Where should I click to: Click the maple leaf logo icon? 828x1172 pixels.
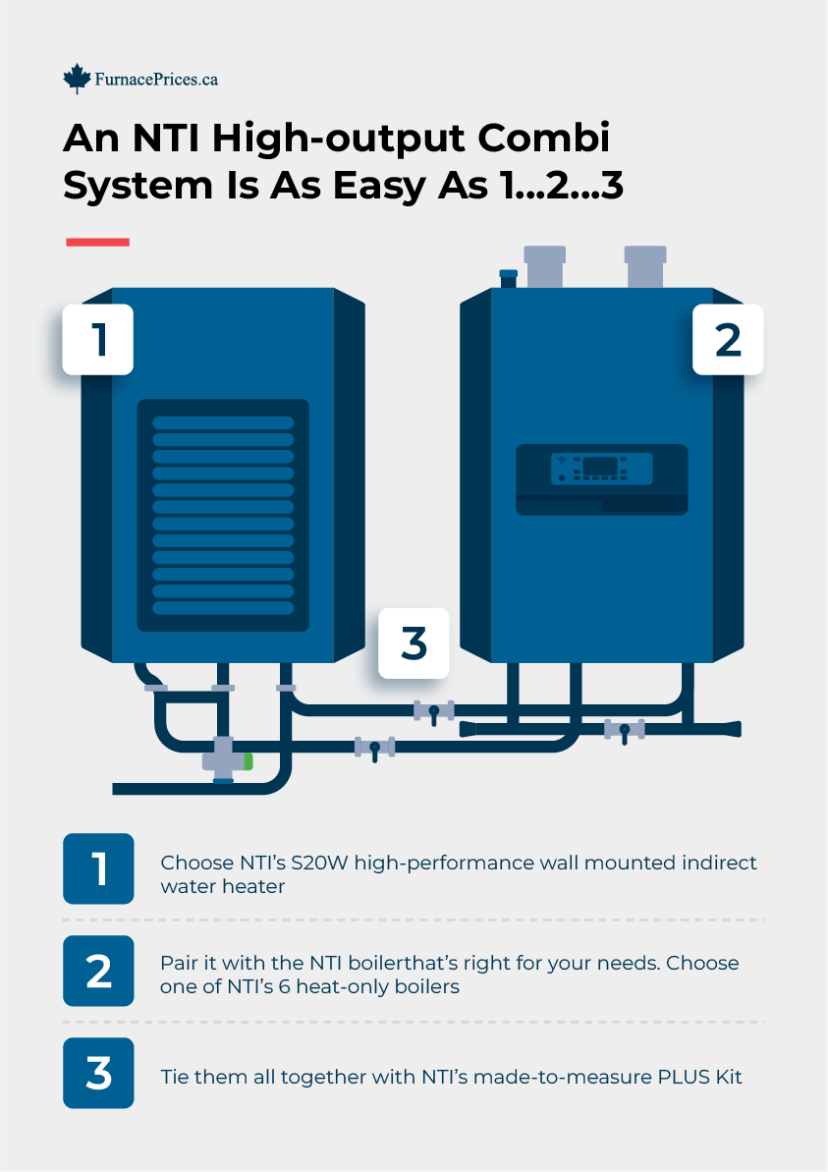(x=77, y=79)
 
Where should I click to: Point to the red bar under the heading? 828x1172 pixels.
(x=97, y=242)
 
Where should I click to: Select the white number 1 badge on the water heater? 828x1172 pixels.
(x=98, y=339)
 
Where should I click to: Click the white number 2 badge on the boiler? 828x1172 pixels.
(x=728, y=339)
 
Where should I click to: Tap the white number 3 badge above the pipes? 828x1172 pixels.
(x=414, y=643)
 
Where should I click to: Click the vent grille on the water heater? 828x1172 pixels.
(x=223, y=515)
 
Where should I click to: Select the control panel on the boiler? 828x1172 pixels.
(x=601, y=479)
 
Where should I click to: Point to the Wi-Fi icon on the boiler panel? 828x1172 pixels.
(x=561, y=460)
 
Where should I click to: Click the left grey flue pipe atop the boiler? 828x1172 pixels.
(x=544, y=266)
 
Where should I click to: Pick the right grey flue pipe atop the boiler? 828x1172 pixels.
(x=646, y=266)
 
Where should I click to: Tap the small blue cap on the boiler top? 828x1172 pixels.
(x=508, y=274)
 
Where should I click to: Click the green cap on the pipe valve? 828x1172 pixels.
(x=248, y=760)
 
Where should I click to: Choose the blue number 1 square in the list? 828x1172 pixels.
(x=98, y=868)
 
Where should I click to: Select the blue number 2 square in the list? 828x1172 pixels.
(x=98, y=971)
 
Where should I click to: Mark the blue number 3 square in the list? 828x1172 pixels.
(x=98, y=1073)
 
